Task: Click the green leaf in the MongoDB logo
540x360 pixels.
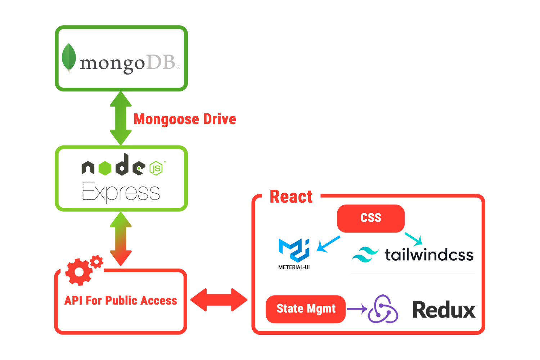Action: [69, 58]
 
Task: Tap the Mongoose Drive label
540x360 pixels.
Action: [185, 119]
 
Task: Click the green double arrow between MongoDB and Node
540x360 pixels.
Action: [121, 118]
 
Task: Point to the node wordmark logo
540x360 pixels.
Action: [113, 166]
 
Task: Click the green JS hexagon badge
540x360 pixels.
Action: [156, 168]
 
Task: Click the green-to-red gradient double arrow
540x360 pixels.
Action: [121, 239]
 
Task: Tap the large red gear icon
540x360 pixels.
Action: [78, 272]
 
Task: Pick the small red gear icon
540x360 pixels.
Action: [96, 262]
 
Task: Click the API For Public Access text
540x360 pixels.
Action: [121, 301]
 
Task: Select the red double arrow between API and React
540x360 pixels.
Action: [219, 300]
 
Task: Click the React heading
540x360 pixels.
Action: [291, 197]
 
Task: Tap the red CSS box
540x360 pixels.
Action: [371, 218]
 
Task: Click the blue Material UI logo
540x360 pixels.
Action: [294, 251]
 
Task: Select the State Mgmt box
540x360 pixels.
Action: [306, 309]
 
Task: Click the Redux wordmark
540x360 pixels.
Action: [444, 310]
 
